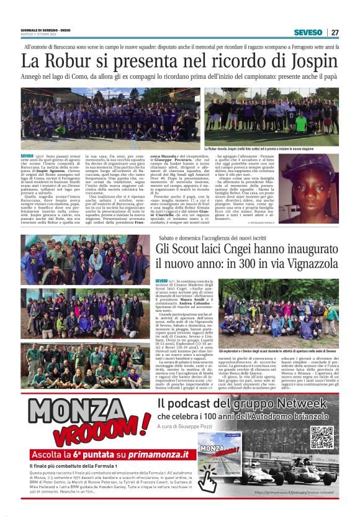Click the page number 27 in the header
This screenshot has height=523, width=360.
335,32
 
